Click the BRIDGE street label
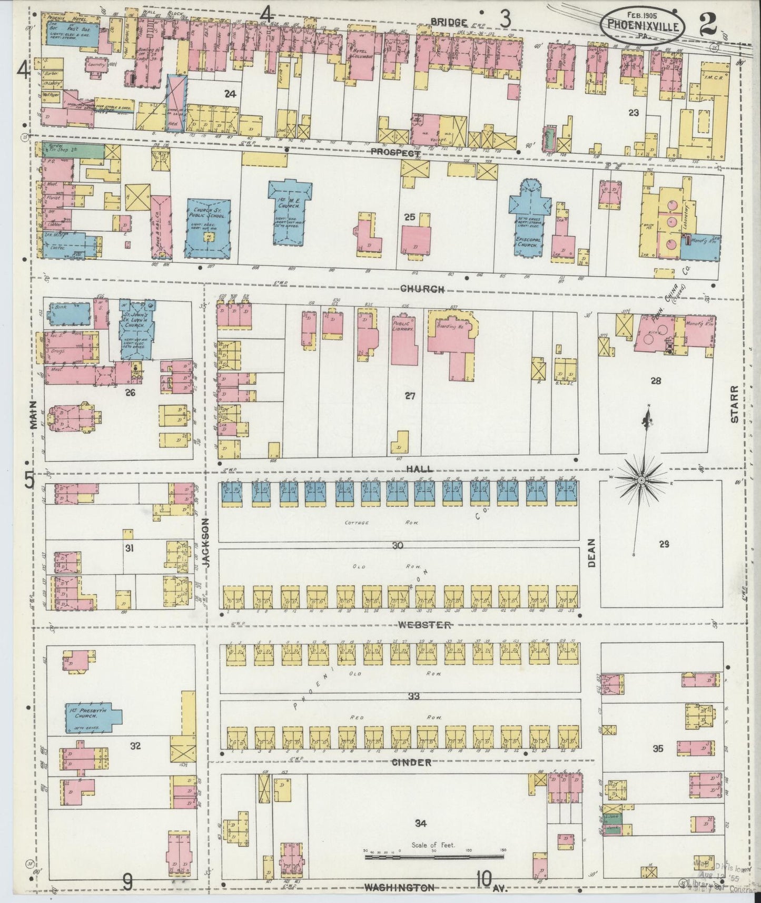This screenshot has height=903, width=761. click(x=448, y=22)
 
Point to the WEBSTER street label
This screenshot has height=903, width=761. click(x=424, y=625)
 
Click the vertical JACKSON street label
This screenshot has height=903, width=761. click(x=206, y=542)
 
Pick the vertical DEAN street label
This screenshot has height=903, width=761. click(x=591, y=553)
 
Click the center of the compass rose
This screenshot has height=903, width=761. click(x=641, y=480)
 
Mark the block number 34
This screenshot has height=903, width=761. click(x=420, y=823)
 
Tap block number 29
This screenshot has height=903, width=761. click(x=664, y=544)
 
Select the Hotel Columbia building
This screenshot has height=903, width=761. click(x=362, y=57)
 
